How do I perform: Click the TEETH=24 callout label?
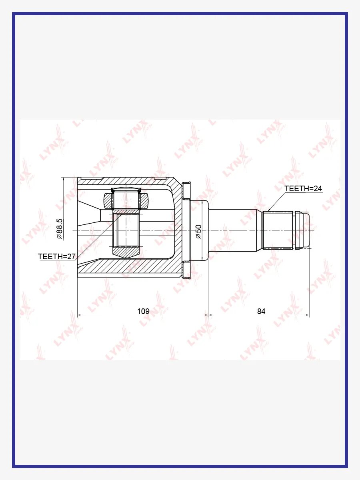click(303, 188)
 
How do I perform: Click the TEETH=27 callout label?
click(57, 256)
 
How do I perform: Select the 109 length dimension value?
click(143, 311)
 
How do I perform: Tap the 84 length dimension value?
click(261, 311)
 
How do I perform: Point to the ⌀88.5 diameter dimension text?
click(60, 229)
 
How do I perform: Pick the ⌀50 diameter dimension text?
click(199, 232)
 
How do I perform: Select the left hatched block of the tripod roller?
click(108, 201)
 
